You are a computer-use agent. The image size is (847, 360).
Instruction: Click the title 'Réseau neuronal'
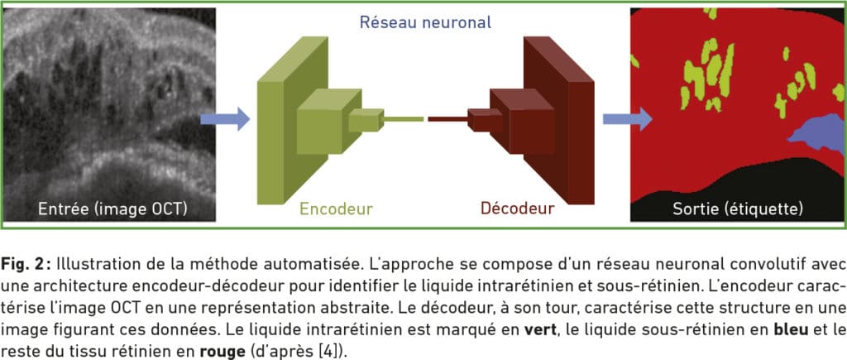tap(425, 22)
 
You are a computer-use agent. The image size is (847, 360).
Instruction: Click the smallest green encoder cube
tap(363, 122)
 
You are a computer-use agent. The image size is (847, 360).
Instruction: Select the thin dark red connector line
tap(447, 120)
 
